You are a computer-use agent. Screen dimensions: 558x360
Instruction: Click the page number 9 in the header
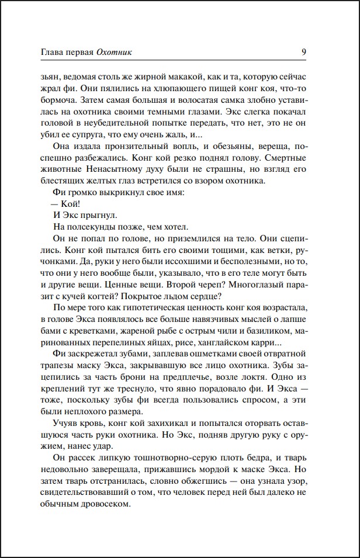click(x=304, y=51)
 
